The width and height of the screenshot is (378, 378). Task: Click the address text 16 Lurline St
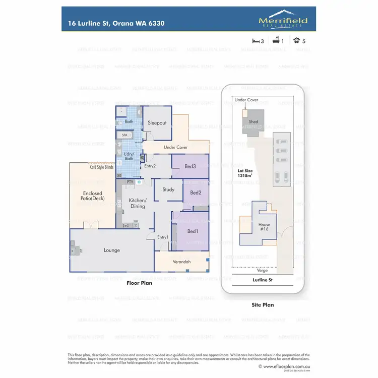116,23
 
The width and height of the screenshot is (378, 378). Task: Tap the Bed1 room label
193,231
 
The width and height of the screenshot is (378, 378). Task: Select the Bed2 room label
196,193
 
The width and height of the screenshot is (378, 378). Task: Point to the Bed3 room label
190,166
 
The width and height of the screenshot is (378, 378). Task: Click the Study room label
168,190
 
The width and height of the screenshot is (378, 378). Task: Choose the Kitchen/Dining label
138,203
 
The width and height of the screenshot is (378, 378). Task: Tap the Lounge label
112,250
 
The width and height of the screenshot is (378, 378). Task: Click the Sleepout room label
157,123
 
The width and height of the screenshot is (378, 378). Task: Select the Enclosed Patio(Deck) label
92,196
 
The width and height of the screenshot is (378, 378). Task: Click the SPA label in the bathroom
124,135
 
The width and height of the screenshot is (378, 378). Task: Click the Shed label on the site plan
254,121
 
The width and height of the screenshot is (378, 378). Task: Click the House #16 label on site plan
264,227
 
